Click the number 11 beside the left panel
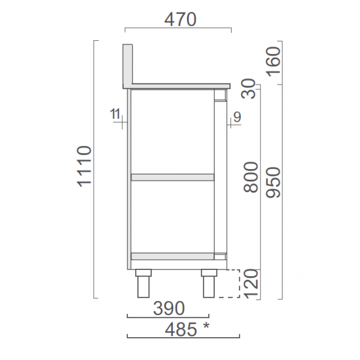click(x=116, y=113)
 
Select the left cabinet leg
click(x=143, y=284)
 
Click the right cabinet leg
click(x=209, y=284)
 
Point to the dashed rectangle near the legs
click(x=230, y=284)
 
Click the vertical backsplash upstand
click(x=128, y=65)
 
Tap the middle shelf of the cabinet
click(x=173, y=177)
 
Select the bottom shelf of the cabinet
click(x=173, y=256)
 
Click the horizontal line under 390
click(x=169, y=317)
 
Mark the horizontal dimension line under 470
click(x=178, y=29)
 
